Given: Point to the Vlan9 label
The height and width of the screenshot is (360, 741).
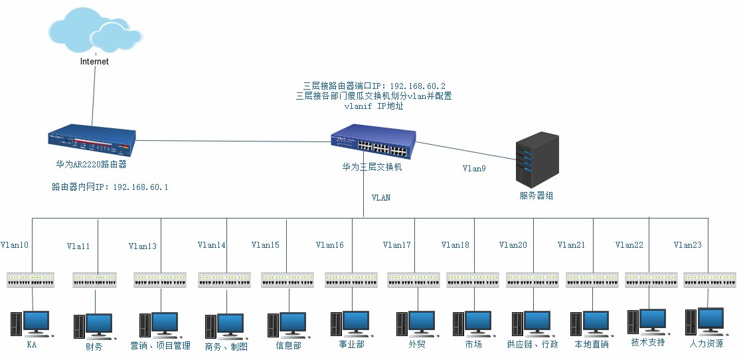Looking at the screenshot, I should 474,169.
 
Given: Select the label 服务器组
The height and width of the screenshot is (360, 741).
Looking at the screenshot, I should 536,195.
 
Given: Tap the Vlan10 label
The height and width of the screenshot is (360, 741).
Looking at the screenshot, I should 15,245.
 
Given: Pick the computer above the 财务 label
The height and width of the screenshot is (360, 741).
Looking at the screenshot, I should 94,325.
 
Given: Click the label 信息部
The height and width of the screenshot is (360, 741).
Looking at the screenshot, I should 289,345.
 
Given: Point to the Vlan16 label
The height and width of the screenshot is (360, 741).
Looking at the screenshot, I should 330,245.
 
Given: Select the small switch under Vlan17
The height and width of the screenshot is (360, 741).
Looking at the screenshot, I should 414,280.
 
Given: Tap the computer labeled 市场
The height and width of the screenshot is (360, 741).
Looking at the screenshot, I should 473,324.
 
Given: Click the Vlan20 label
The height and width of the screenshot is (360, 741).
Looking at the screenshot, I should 513,245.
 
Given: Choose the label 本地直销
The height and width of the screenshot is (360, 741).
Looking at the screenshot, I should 591,345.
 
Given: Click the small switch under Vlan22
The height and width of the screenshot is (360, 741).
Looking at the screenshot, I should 651,280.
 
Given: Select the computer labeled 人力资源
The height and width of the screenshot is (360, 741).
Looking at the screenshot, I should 706,321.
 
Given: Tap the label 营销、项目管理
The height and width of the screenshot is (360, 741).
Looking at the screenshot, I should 161,346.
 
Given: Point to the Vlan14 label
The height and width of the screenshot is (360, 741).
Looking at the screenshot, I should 212,245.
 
